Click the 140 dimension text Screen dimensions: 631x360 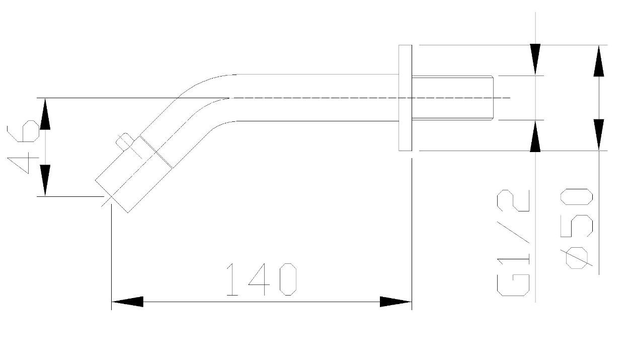(x=262, y=279)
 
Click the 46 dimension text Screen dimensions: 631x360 (x=23, y=147)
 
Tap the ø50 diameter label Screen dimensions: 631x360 (x=577, y=229)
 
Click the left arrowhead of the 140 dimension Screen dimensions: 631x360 (x=127, y=302)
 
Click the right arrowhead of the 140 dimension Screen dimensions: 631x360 (x=396, y=302)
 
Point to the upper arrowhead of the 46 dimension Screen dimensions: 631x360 (x=45, y=114)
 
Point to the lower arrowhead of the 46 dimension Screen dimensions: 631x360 (x=45, y=180)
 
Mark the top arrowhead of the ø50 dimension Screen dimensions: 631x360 (x=599, y=61)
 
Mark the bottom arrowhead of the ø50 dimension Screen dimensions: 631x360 (x=599, y=135)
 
